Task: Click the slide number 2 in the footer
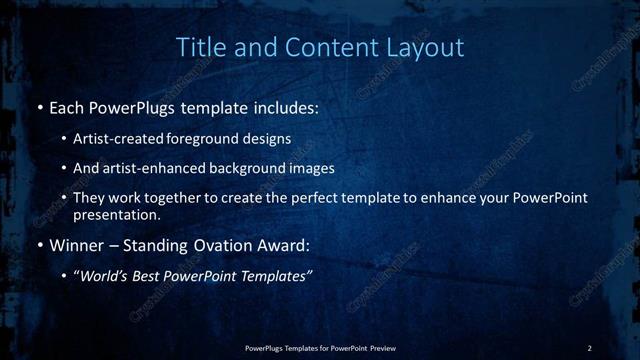click(590, 347)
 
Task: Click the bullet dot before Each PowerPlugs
click(39, 107)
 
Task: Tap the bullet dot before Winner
click(39, 244)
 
